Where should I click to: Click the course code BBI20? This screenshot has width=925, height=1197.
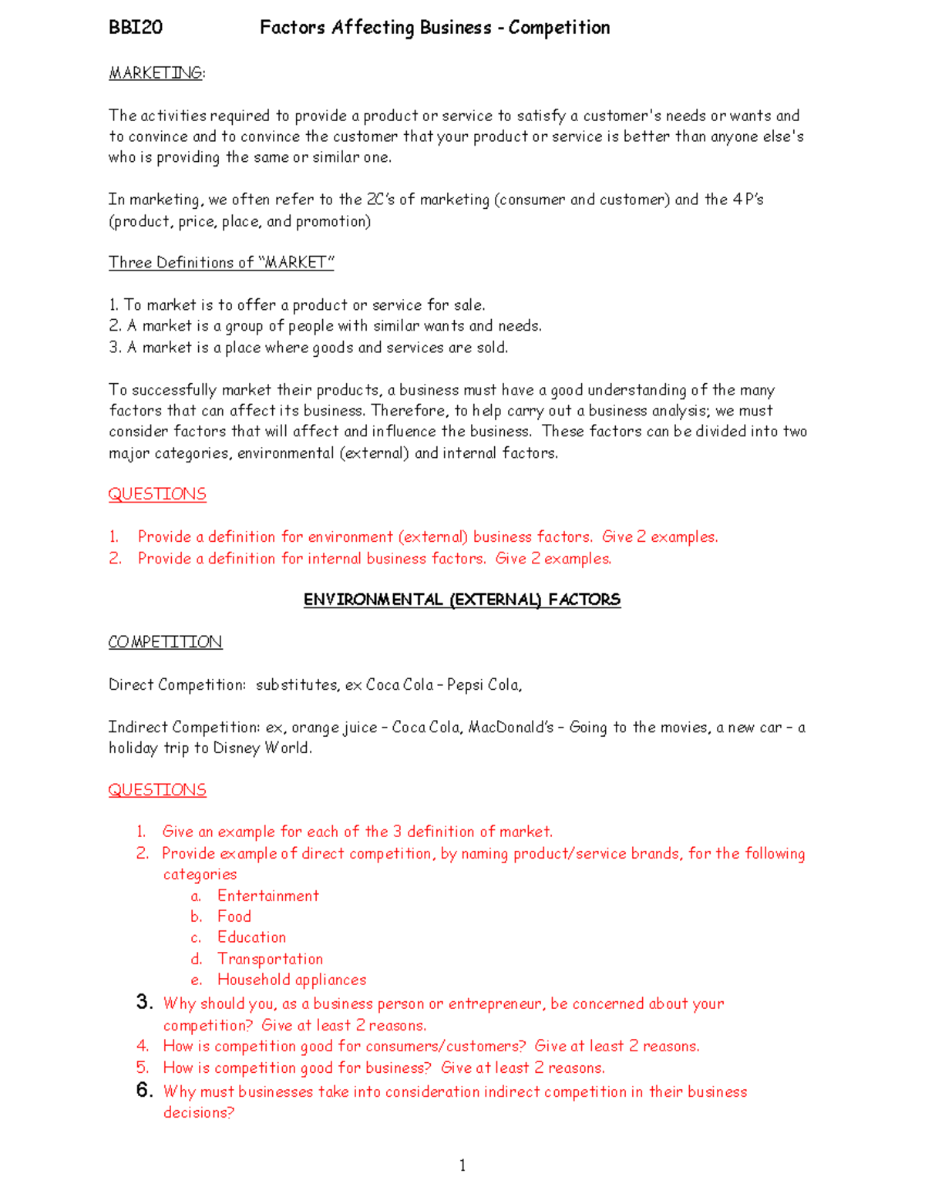(x=136, y=28)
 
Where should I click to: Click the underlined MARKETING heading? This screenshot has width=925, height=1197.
(x=156, y=73)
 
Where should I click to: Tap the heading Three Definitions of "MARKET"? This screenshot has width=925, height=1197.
(x=221, y=263)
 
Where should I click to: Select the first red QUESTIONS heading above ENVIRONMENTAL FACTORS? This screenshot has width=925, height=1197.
(x=157, y=494)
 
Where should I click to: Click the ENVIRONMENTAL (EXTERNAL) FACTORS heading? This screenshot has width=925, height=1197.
(x=462, y=600)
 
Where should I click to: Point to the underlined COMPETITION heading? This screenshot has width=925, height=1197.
(x=165, y=642)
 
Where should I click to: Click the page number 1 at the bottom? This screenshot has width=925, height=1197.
(x=462, y=1165)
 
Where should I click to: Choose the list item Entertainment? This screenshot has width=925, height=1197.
(x=267, y=896)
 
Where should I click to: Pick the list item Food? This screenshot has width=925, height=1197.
(x=234, y=916)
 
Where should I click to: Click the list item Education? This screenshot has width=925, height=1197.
(x=251, y=937)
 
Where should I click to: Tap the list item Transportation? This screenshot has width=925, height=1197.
(x=270, y=959)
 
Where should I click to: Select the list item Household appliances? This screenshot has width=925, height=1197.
(x=291, y=980)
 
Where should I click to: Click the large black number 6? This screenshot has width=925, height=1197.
(x=144, y=1090)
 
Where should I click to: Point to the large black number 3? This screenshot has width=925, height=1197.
(x=144, y=1002)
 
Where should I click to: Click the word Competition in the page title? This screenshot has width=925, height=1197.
(x=559, y=28)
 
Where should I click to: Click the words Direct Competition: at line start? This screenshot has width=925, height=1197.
(x=177, y=684)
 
